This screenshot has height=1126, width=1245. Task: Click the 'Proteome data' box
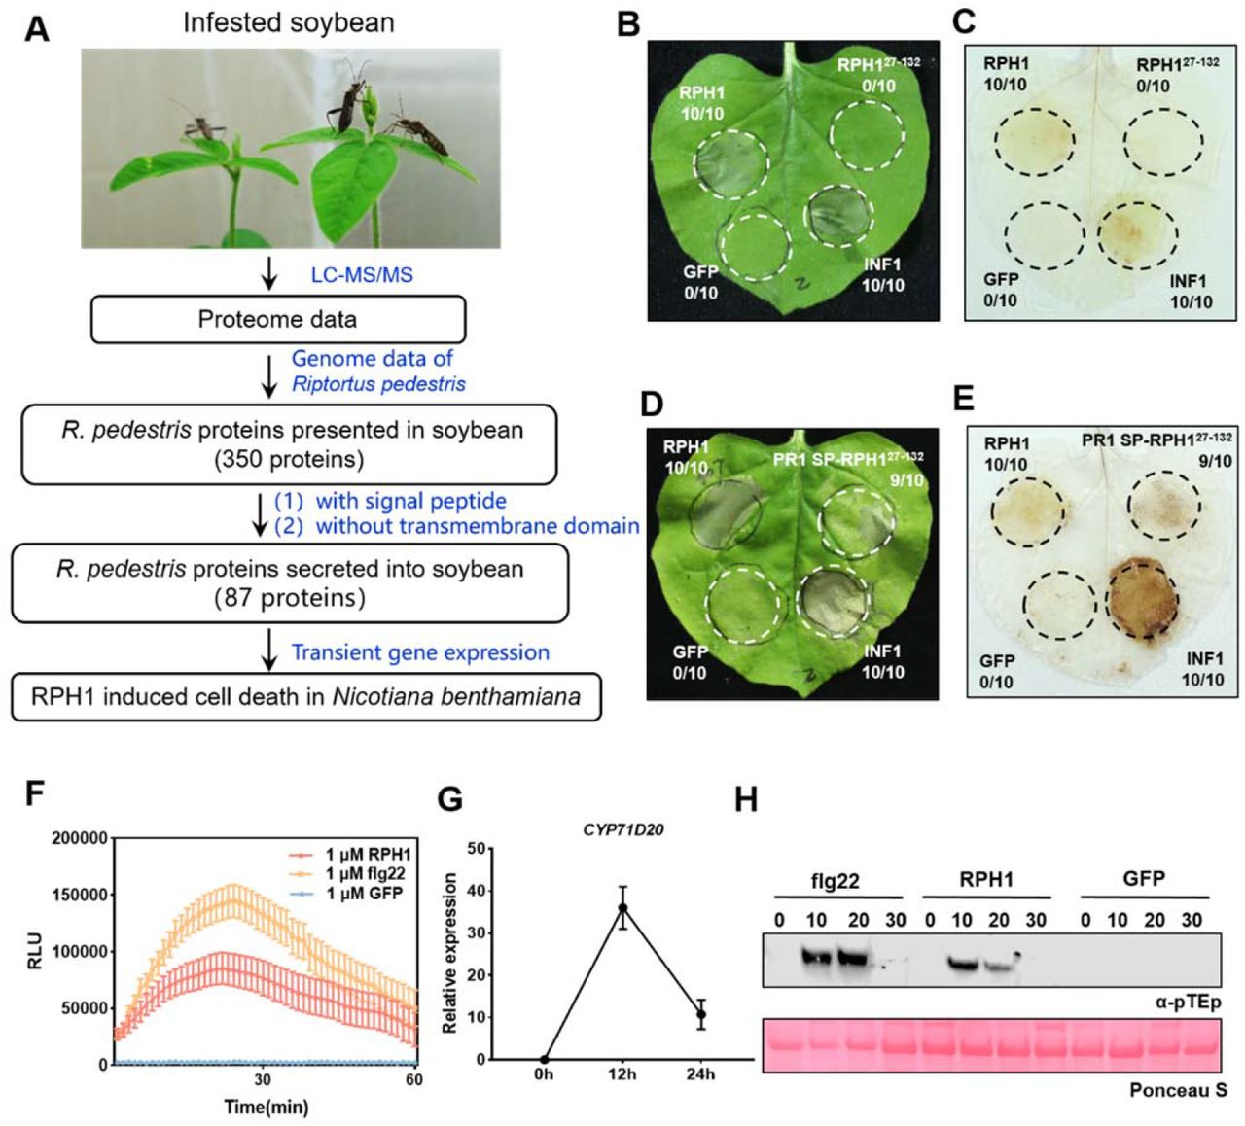point(277,320)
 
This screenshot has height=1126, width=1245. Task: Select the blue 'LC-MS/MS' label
point(362,275)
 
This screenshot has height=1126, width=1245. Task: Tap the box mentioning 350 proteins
point(289,444)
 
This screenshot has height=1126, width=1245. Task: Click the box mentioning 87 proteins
point(289,583)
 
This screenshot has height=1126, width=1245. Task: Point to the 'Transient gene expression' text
point(420,652)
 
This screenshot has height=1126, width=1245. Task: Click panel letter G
point(450,799)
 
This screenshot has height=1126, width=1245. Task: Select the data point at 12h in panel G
point(622,908)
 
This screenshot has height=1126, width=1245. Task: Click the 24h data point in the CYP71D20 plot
point(700,1014)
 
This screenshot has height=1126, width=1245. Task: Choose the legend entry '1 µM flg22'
point(365,873)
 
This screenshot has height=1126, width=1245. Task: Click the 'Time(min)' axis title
point(266,1107)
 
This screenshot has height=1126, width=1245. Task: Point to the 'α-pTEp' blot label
point(1188,1002)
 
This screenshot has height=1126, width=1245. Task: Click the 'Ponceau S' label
point(1177,1090)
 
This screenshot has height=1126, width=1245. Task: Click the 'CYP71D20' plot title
point(622,829)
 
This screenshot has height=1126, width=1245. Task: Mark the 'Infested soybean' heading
point(289,22)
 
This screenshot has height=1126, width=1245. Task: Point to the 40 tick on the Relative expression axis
point(477,891)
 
